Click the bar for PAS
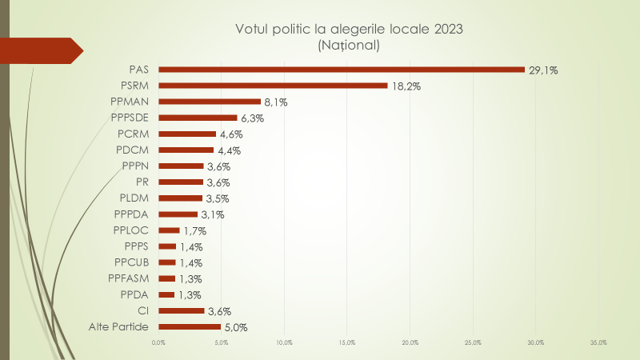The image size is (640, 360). coord(342,70)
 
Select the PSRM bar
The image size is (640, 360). coord(273,86)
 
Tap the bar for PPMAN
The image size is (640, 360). coord(210,102)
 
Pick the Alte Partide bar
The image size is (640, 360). coord(190,326)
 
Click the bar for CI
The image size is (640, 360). coord(181,310)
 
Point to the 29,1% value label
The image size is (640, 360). coord(543,70)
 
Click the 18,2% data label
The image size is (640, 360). coord(406,86)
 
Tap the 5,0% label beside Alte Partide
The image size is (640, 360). coord(235,327)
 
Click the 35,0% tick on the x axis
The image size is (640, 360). coord(598,343)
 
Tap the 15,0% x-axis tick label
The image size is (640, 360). coord(347,343)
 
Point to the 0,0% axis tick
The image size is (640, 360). coord(158,343)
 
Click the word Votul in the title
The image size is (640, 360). coord(254,30)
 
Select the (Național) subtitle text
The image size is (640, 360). coord(349,46)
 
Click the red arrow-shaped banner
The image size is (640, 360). coord(44,50)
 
